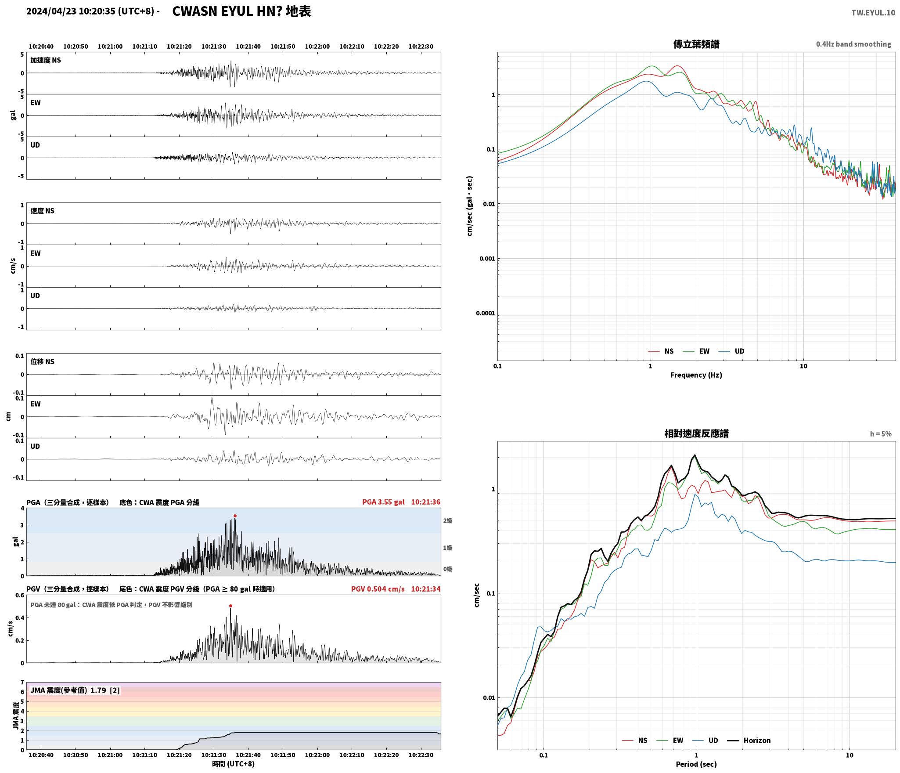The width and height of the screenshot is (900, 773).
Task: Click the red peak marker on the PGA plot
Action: [235, 516]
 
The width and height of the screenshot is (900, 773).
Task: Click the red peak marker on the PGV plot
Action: [230, 606]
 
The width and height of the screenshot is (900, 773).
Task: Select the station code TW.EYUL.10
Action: [873, 13]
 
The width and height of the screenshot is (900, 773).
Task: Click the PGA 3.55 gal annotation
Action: [383, 502]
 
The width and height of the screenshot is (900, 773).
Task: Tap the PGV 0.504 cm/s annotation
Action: [378, 589]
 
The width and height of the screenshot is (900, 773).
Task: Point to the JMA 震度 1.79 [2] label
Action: [75, 690]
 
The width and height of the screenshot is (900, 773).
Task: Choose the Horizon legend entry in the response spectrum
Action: [749, 740]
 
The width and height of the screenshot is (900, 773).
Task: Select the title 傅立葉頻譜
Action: [696, 44]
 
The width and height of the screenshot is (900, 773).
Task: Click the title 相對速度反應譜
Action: [696, 433]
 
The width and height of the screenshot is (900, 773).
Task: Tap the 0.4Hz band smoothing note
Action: [853, 44]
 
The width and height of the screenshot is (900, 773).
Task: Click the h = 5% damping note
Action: [881, 434]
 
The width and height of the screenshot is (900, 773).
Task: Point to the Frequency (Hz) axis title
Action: [696, 375]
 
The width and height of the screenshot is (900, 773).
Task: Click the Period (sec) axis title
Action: [696, 764]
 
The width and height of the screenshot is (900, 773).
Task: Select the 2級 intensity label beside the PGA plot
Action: [447, 520]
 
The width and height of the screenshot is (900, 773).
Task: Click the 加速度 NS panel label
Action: [46, 60]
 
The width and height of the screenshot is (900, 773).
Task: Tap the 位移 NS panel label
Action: [42, 361]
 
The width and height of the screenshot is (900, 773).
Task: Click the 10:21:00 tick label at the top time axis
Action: [110, 47]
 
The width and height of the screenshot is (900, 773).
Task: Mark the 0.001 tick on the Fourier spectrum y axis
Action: [487, 258]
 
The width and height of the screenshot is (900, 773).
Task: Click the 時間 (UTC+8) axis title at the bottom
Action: [233, 764]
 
